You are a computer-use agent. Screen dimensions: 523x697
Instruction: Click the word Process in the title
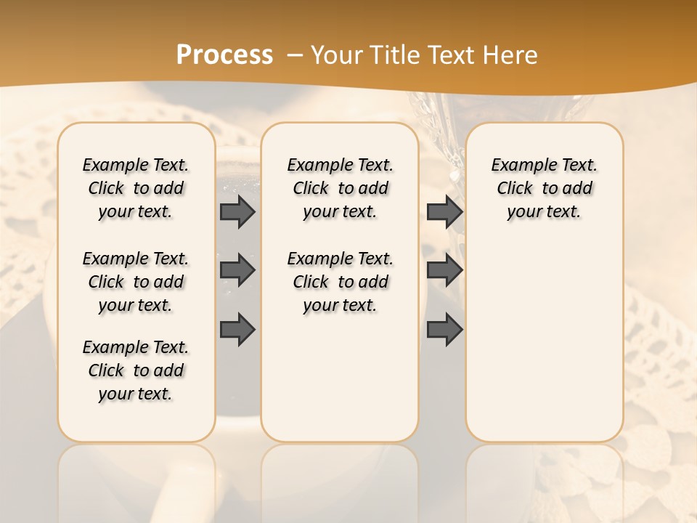[224, 55]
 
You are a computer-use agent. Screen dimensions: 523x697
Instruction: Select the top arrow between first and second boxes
[237, 211]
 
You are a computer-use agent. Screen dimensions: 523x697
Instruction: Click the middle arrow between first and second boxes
[237, 270]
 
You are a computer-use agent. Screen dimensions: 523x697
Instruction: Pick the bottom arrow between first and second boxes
[237, 329]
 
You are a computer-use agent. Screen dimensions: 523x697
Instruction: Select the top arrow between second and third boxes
[444, 211]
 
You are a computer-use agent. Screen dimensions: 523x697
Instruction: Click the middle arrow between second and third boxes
[444, 270]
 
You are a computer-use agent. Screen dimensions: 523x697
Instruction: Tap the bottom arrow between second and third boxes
[444, 329]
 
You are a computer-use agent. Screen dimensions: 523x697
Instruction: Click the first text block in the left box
[136, 188]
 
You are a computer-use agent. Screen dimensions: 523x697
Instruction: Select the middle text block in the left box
[136, 282]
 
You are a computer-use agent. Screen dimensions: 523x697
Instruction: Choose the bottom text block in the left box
[136, 370]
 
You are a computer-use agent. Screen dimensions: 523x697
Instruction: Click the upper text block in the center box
[340, 188]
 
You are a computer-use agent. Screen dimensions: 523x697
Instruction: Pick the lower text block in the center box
[340, 282]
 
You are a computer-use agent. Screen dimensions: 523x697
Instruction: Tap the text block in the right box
[545, 188]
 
